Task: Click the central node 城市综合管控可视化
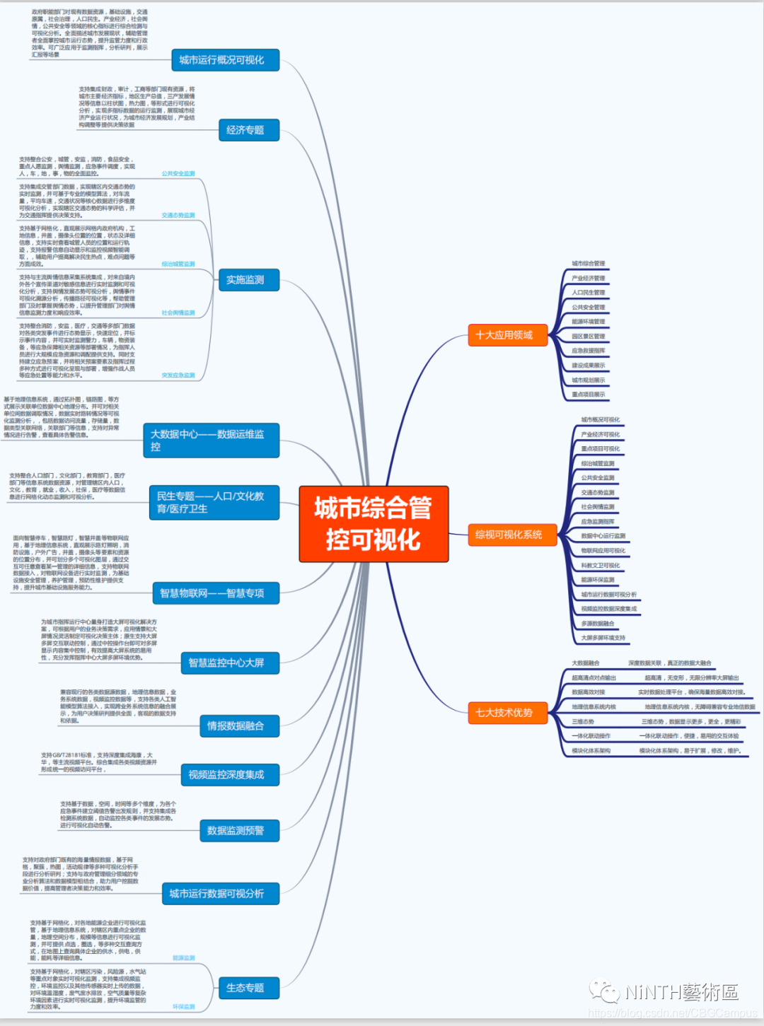coord(374,524)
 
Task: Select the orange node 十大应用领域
coord(508,335)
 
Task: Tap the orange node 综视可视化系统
coord(508,535)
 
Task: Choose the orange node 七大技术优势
coord(508,713)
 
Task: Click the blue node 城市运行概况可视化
coord(226,60)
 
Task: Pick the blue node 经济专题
coord(249,130)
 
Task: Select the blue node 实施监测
coord(249,280)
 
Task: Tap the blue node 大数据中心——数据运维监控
coord(212,441)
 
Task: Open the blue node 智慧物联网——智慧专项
coord(216,593)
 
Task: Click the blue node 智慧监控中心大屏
coord(230,663)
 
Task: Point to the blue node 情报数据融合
coord(240,726)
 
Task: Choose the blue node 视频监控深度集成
coord(230,775)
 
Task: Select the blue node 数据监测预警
coord(240,831)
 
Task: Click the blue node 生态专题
coord(249,988)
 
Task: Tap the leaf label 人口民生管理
coord(589,293)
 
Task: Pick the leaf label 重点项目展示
coord(589,395)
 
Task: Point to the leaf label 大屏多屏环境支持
coord(603,638)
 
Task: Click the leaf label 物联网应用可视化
coord(603,551)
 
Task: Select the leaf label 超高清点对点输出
coord(594,678)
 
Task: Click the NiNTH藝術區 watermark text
coord(681,992)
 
